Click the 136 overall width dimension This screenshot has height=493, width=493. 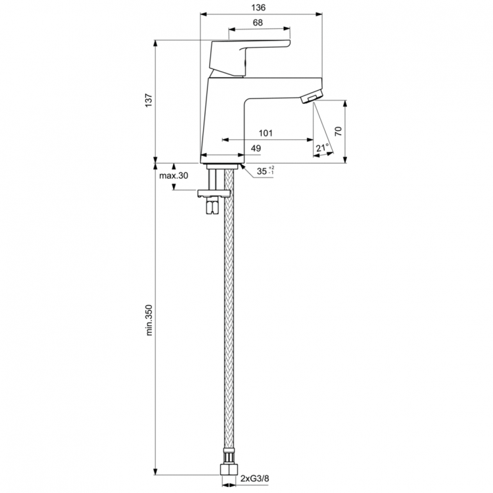[258, 7]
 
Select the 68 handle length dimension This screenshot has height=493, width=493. [258, 22]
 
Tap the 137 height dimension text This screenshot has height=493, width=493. [149, 100]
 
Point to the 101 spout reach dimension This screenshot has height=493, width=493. [266, 133]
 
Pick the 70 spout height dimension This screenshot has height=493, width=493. [339, 130]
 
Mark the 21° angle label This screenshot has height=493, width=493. [323, 148]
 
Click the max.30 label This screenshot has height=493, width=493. [174, 176]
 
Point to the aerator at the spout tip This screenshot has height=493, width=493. [309, 99]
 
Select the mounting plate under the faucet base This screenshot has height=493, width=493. [214, 193]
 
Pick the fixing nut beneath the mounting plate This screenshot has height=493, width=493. [213, 206]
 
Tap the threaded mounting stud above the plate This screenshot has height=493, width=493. [214, 177]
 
